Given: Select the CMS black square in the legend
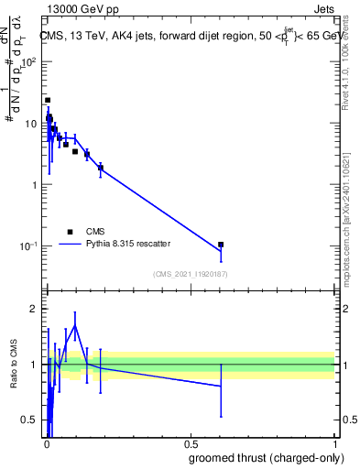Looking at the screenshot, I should point(70,232).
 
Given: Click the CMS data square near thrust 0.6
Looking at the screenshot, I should point(221,245).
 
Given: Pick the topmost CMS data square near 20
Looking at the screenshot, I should point(48,100).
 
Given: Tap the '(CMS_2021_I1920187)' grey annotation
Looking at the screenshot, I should point(191,273).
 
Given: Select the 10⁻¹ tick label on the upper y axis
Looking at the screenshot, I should point(28,246).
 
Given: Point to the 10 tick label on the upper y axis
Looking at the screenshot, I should point(30,124).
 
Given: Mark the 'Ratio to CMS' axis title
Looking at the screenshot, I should point(14,365).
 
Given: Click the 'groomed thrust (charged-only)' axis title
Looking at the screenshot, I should point(265,457).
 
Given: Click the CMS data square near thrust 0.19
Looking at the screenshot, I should point(101,168).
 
